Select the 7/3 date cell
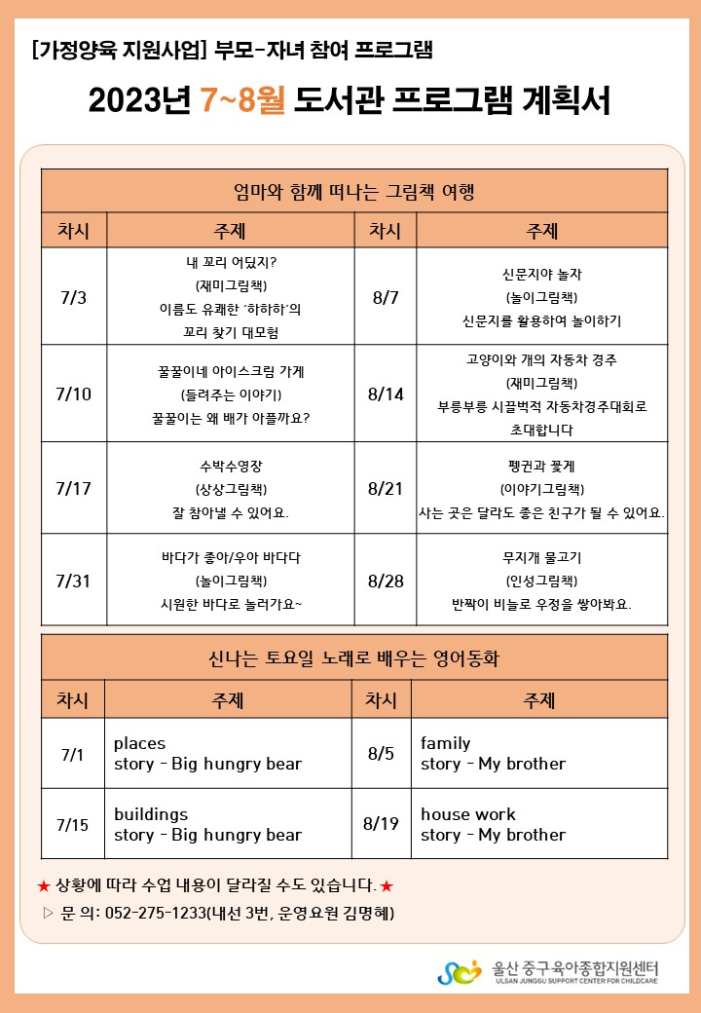point(73,297)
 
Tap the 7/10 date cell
point(73,394)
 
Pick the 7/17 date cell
point(73,488)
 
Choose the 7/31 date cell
point(73,581)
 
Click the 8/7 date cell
point(386,297)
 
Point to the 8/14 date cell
point(386,394)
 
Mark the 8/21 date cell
point(386,488)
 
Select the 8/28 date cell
point(386,581)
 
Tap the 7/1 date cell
point(73,754)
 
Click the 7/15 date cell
point(73,824)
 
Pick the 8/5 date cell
point(381,754)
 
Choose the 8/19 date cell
point(381,824)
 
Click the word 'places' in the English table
point(139,743)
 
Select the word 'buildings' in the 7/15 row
point(151,814)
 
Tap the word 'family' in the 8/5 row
point(445,743)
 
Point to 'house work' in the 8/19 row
point(468,814)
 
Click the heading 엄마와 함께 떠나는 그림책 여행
point(353,190)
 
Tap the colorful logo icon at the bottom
point(459,972)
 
